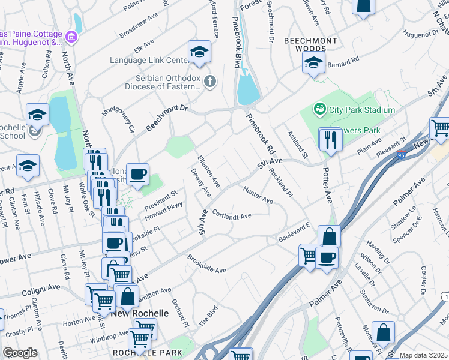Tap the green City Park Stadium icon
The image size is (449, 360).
click(x=319, y=109)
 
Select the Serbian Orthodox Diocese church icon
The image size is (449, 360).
click(x=209, y=81)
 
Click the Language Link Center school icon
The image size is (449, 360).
click(x=199, y=53)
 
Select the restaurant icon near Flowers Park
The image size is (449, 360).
click(x=330, y=140)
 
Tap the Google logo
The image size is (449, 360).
click(x=20, y=353)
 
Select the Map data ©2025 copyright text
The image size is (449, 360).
click(x=423, y=355)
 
